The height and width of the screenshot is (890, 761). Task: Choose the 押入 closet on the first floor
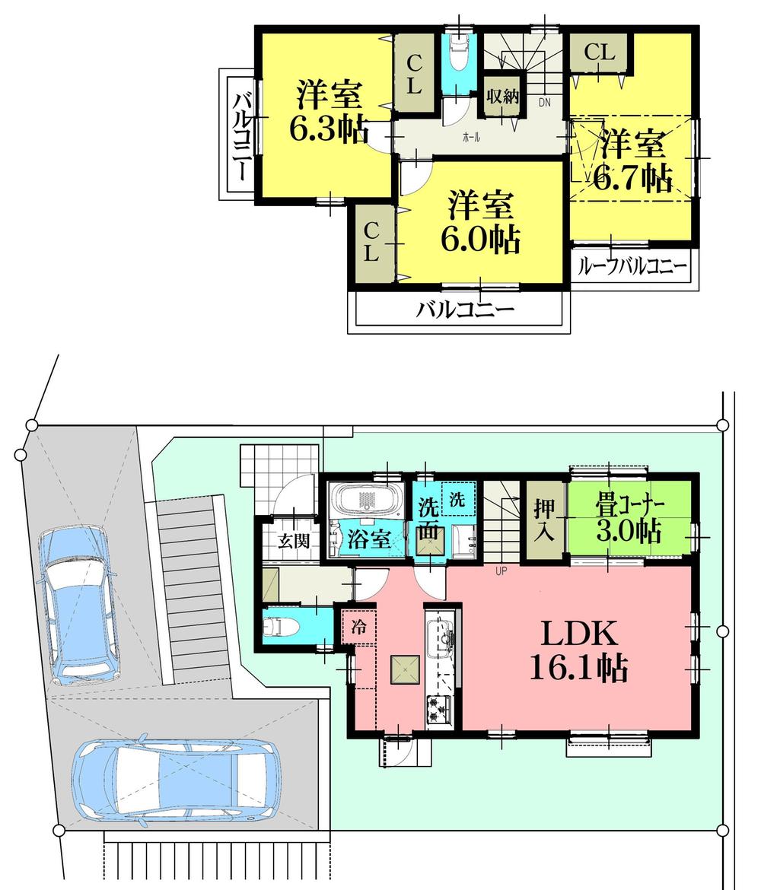point(544,520)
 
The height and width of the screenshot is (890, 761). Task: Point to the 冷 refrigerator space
point(358,628)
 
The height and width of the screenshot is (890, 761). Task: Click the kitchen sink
point(441,637)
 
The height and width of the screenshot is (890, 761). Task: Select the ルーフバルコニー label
point(632,267)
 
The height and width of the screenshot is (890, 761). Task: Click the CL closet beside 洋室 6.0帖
point(371,243)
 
